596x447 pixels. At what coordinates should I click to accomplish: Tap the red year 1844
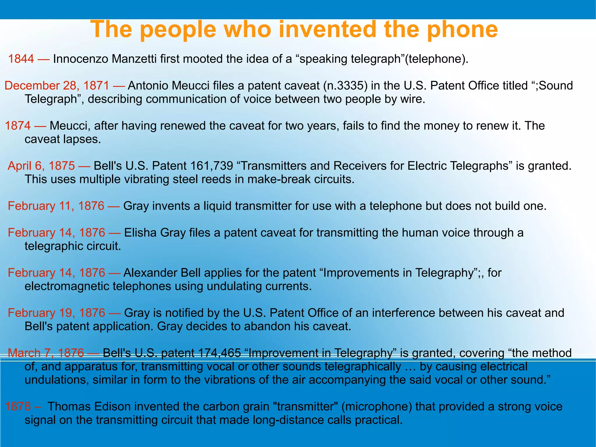click(21, 59)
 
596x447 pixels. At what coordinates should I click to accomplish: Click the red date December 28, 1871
click(57, 86)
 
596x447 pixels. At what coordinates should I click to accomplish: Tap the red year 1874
click(18, 126)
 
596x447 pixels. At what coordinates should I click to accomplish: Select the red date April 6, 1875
click(41, 166)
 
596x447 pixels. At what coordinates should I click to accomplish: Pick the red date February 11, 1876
click(56, 206)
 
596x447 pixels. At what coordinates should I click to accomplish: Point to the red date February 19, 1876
click(56, 313)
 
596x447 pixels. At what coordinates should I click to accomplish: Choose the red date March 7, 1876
click(46, 353)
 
